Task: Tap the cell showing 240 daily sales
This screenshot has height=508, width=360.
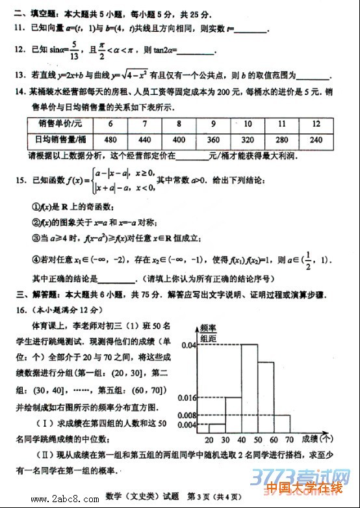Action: pos(316,139)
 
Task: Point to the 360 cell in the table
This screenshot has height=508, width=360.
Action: pos(213,139)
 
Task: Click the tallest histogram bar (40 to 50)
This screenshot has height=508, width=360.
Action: pos(250,387)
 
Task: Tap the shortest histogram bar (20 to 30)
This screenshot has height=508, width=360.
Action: pos(216,427)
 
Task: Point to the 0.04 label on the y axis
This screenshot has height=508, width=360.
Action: pos(188,344)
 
